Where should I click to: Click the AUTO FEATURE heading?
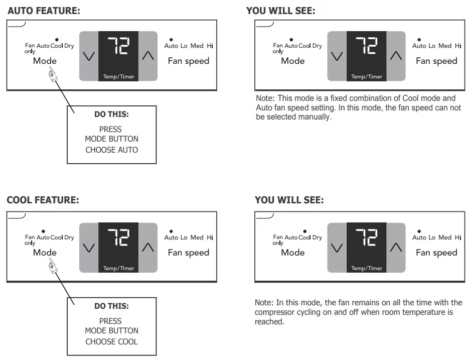coord(44,11)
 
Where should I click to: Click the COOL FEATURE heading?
coord(43,200)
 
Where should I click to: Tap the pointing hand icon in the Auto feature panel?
coord(52,75)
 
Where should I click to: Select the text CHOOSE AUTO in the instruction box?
coord(111,150)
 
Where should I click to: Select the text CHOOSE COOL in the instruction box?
coord(111,341)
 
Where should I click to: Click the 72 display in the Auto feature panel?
coord(118,47)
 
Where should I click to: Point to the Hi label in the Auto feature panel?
coord(210,46)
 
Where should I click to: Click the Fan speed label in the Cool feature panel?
coord(188,253)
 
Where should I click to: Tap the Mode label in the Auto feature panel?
coord(45,61)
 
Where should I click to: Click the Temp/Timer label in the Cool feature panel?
coord(119,268)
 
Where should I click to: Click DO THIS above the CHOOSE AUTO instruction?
coord(111,114)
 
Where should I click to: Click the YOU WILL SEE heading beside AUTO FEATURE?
coord(280,11)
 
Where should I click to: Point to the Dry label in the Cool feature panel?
coord(69,237)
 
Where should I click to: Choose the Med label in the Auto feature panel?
coord(197,46)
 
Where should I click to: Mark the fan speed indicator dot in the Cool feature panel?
coord(171,231)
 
